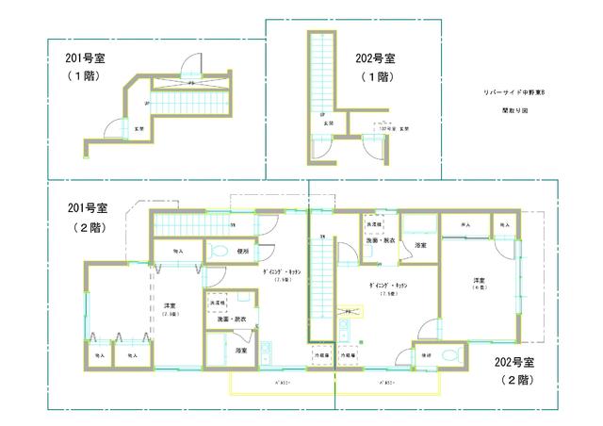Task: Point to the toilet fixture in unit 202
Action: (449, 355)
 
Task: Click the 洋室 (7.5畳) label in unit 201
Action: (171, 309)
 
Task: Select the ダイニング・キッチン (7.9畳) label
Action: (282, 274)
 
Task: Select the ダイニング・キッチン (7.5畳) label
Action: (386, 288)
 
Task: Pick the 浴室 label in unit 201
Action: (241, 351)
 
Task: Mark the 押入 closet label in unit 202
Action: (464, 226)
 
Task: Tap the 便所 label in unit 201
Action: (243, 252)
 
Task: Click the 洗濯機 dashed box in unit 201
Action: (219, 303)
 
